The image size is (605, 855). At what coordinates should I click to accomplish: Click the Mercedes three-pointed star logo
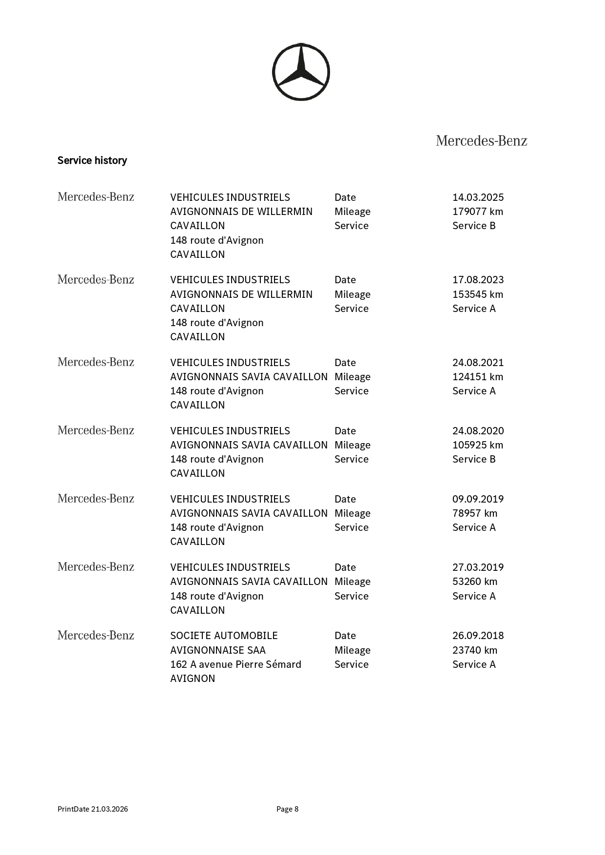(301, 72)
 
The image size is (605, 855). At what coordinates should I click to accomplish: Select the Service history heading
(92, 160)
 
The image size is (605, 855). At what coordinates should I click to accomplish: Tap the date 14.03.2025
(478, 197)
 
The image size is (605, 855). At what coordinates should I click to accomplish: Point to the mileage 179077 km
(477, 212)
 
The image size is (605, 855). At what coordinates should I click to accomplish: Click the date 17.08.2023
(478, 280)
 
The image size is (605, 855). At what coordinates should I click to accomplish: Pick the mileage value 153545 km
(477, 294)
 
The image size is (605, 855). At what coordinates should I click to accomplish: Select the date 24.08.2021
(478, 363)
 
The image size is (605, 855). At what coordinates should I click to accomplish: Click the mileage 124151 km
(477, 377)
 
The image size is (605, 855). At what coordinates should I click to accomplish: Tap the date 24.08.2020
(478, 431)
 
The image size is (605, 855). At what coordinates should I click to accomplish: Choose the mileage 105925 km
(477, 445)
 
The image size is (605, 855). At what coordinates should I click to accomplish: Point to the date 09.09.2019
(478, 499)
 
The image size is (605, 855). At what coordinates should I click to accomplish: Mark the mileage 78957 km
(474, 513)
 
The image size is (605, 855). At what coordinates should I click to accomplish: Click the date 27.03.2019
(478, 567)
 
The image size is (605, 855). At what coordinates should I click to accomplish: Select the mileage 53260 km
(474, 582)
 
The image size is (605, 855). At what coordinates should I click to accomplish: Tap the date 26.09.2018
(478, 636)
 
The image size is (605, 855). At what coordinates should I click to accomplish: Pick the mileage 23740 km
(474, 650)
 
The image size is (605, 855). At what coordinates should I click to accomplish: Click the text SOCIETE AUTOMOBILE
(224, 636)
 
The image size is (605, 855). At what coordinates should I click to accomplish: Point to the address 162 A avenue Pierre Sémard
(235, 664)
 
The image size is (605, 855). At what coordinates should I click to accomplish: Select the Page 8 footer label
(287, 809)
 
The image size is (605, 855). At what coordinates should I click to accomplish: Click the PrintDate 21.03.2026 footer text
(93, 809)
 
